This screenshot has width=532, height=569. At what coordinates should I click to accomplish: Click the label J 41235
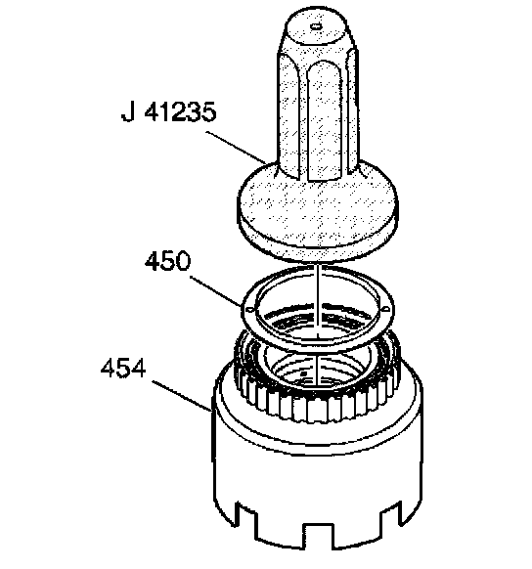click(x=168, y=111)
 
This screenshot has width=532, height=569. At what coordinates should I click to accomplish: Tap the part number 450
click(x=167, y=260)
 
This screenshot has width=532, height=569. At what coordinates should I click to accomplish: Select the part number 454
click(x=123, y=368)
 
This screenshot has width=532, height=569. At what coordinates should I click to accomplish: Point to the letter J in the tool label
click(x=128, y=111)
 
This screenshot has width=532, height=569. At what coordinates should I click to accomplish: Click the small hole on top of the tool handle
click(x=315, y=25)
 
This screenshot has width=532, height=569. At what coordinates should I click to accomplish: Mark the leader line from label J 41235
click(x=236, y=147)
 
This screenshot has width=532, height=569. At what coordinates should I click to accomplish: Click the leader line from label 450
click(x=215, y=291)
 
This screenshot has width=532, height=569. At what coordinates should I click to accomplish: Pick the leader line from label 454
click(x=182, y=396)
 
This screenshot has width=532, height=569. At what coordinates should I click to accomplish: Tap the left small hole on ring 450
click(x=249, y=309)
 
